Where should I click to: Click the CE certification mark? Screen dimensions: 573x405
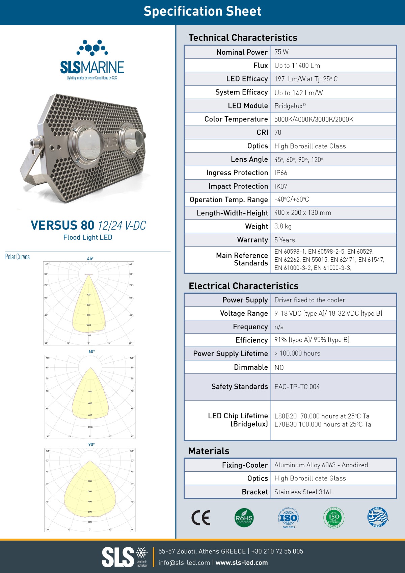tap(201, 518)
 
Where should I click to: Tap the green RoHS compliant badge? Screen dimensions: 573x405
tap(244, 518)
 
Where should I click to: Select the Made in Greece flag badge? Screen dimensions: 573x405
tap(378, 517)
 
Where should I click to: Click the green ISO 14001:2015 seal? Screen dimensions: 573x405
tap(333, 517)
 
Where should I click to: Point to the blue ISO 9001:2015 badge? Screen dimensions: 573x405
tap(289, 518)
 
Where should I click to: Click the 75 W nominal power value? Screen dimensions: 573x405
tap(281, 52)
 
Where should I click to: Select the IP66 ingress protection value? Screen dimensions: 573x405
tap(280, 173)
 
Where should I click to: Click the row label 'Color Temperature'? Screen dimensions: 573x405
tap(236, 119)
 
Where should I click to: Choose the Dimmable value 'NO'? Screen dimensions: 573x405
tap(279, 367)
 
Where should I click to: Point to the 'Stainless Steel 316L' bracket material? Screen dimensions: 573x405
tap(303, 492)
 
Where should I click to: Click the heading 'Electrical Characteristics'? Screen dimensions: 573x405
tap(243, 286)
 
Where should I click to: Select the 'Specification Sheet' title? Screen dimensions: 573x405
tap(202, 11)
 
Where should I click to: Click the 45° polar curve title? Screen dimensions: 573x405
tap(90, 258)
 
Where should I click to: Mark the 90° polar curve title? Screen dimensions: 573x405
tap(91, 444)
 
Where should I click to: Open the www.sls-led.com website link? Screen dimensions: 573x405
tap(242, 563)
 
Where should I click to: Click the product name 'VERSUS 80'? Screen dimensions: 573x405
tap(62, 225)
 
